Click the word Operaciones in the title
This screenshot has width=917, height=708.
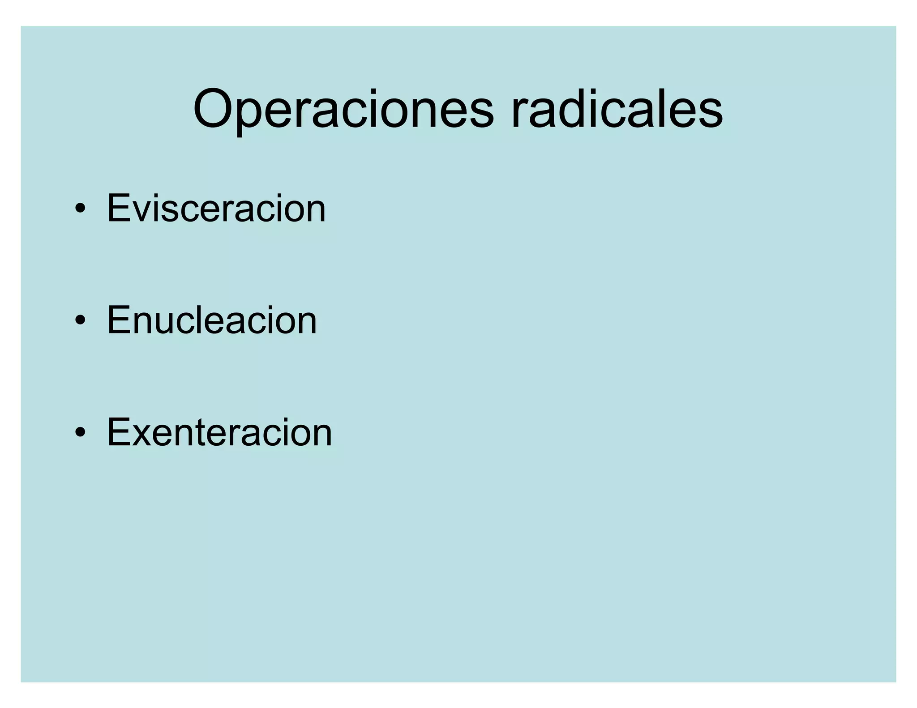pyautogui.click(x=343, y=110)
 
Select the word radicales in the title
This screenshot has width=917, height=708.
pyautogui.click(x=617, y=110)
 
